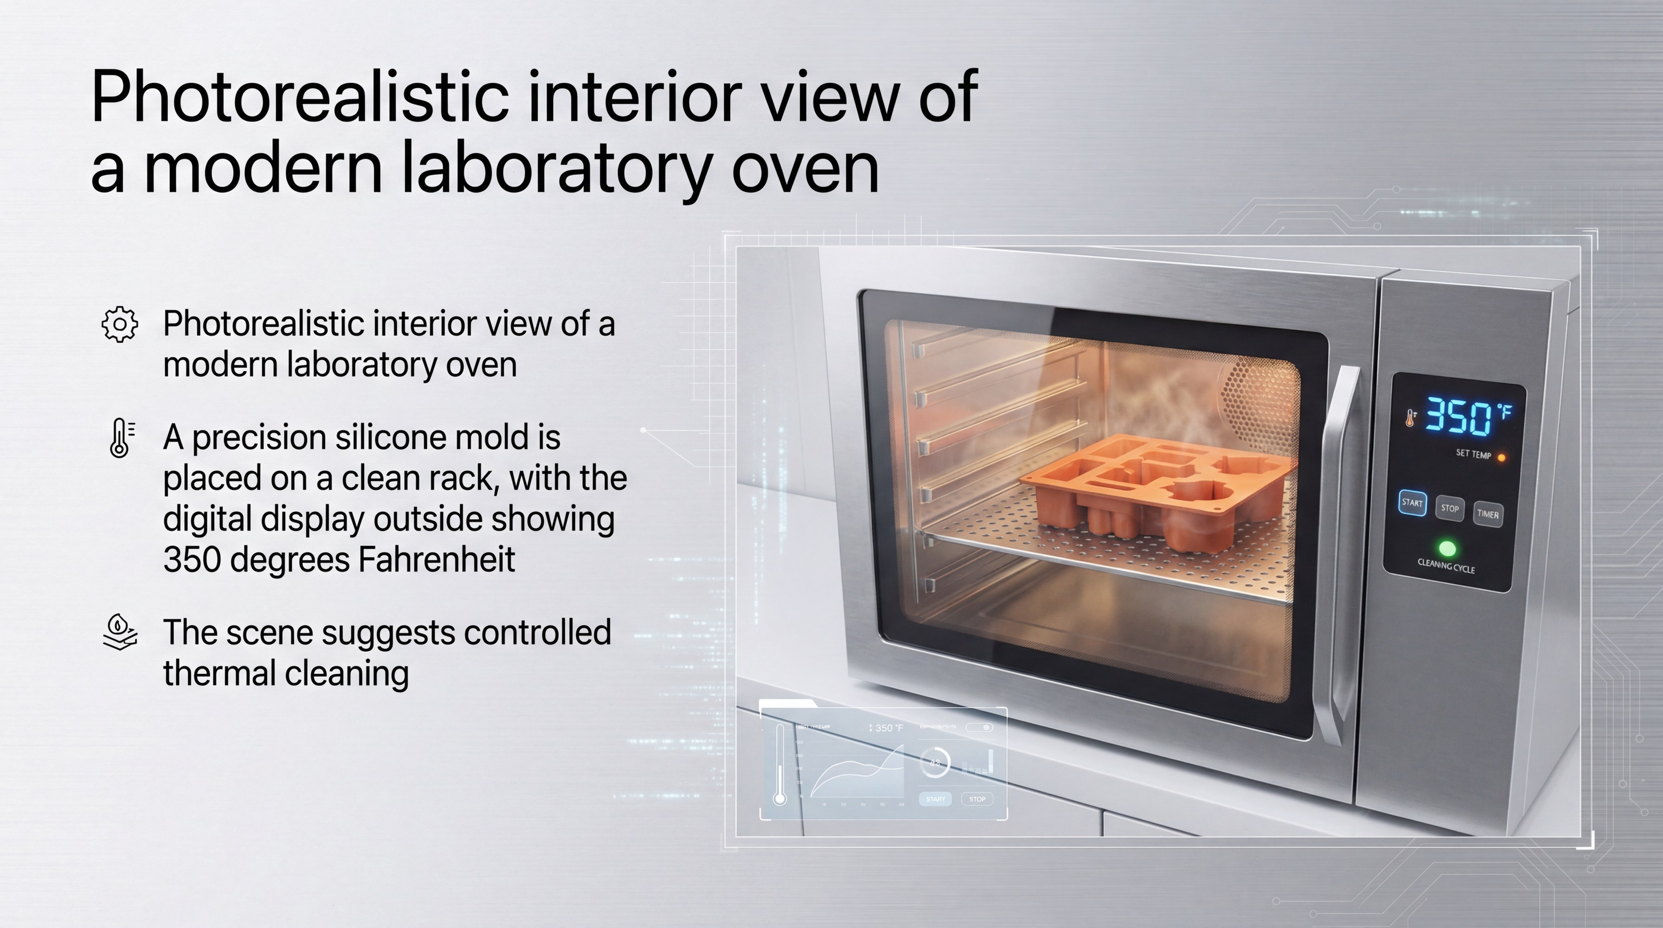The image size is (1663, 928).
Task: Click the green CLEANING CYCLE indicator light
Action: point(1447,548)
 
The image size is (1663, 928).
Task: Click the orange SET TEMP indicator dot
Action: point(1501,458)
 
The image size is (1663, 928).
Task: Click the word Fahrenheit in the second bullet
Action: point(436,559)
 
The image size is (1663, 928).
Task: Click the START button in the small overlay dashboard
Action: point(935,799)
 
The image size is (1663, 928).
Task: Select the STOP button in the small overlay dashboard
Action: point(977,799)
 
